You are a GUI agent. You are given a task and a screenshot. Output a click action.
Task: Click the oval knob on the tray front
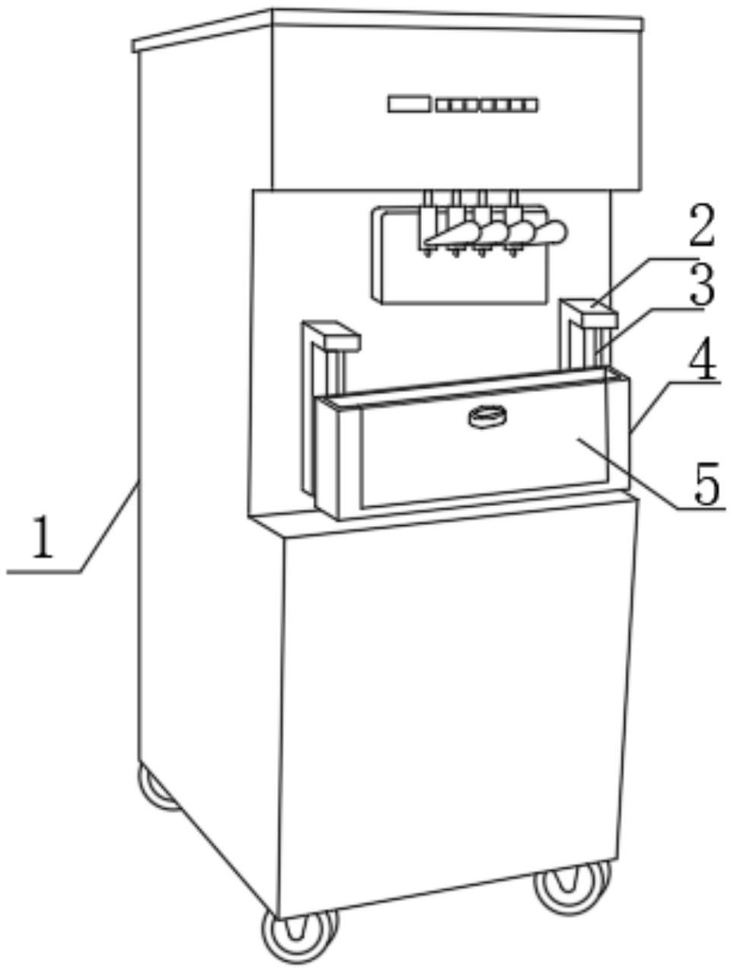pyautogui.click(x=487, y=416)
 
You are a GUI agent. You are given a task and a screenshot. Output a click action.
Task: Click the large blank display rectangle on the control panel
pyautogui.click(x=408, y=104)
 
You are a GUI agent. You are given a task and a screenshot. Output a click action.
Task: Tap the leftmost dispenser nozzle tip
pyautogui.click(x=427, y=253)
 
